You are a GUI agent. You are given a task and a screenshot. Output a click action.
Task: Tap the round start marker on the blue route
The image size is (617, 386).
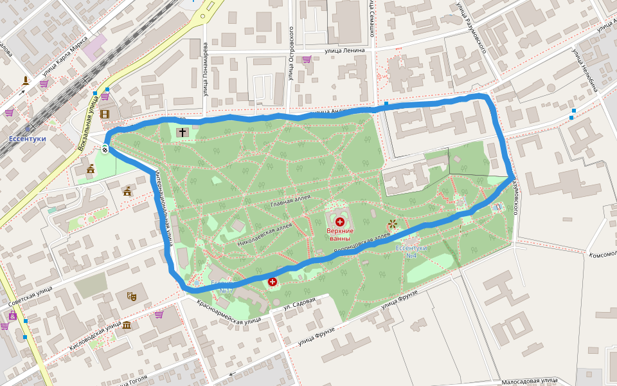click(x=105, y=150)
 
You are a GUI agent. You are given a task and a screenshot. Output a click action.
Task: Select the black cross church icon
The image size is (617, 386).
click(x=183, y=133)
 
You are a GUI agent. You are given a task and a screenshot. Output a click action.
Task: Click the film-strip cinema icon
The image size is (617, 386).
click(x=105, y=115)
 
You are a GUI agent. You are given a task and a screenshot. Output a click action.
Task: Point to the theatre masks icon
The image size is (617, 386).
click(x=132, y=296)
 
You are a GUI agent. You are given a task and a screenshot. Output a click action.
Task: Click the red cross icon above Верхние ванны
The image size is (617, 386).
click(x=340, y=221)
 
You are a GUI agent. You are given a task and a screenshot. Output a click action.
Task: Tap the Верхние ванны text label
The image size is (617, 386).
click(x=340, y=235)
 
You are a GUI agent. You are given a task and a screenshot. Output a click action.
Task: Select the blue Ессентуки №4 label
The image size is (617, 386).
click(x=406, y=252)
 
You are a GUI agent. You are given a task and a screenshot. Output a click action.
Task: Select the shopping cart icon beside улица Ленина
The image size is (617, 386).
click(x=307, y=59)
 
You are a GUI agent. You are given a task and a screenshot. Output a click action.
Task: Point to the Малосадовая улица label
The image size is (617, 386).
click(x=530, y=381)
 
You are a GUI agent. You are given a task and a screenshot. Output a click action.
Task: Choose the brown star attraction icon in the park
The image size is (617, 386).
click(x=392, y=225)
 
